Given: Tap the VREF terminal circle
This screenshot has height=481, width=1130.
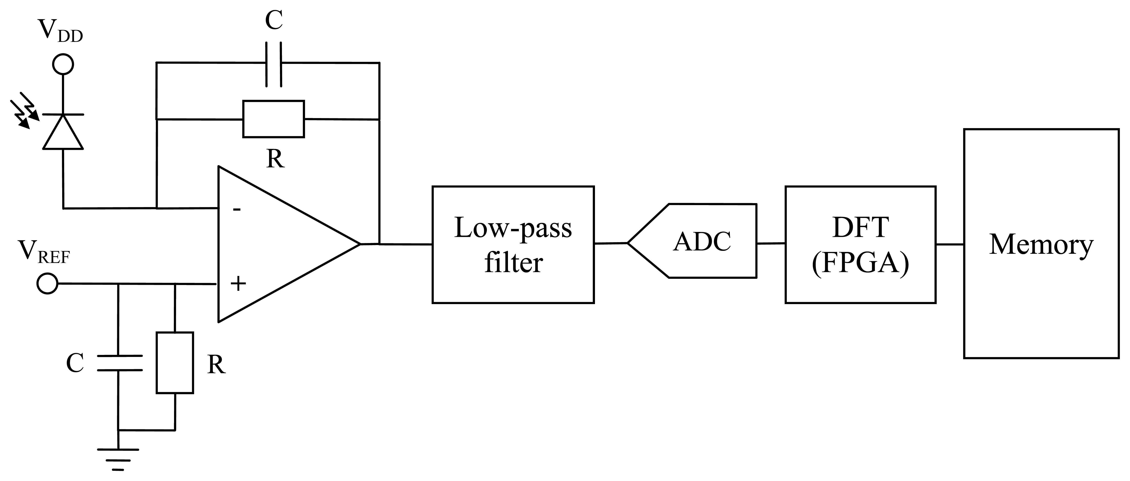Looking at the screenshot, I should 47,283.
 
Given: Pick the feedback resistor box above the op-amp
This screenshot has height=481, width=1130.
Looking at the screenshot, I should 273,119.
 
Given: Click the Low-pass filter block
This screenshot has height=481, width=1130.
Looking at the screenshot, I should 513,244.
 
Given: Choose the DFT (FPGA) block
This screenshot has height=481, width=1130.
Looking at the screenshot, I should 860,244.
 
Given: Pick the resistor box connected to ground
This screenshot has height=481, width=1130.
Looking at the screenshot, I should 175,363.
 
